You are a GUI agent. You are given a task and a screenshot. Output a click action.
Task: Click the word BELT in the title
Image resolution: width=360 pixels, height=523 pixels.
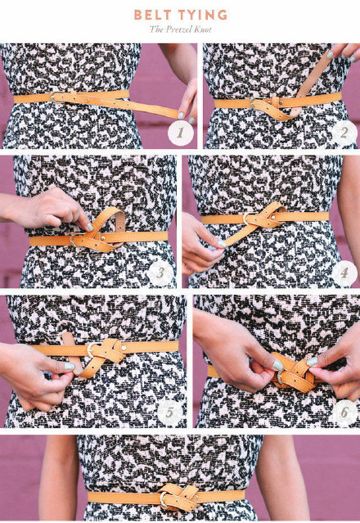[x=153, y=15]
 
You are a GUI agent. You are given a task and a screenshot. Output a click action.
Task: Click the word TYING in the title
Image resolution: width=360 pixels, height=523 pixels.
[x=203, y=15]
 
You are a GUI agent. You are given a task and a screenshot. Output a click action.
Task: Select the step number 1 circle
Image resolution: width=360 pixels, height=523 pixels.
[x=181, y=133]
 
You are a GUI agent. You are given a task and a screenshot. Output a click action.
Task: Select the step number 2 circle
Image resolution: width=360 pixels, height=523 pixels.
[x=344, y=133]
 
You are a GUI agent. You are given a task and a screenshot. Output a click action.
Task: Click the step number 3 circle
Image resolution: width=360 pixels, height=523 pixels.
[x=160, y=273]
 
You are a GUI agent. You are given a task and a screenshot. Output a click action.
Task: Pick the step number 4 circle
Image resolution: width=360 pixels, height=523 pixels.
[x=344, y=273]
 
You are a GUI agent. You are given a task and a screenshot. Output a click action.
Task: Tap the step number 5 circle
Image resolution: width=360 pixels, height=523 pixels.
[x=169, y=413]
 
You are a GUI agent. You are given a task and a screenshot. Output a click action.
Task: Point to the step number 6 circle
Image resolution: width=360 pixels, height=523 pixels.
[x=344, y=413]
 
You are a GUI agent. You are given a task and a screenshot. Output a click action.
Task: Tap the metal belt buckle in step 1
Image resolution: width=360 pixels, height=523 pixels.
[x=52, y=97]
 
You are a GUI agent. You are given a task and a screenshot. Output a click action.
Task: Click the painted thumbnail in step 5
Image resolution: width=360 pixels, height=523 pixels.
[x=70, y=366]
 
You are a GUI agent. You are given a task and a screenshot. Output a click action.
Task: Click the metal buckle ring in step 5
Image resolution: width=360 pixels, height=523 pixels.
[x=90, y=350]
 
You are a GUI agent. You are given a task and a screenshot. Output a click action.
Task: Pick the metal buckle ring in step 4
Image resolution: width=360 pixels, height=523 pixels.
[x=245, y=219]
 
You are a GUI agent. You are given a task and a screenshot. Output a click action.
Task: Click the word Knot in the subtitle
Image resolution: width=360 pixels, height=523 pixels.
[x=203, y=29]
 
